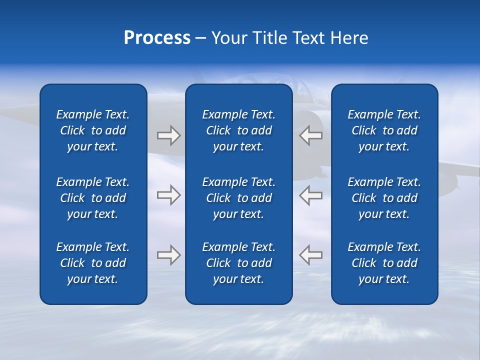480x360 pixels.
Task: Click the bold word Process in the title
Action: point(157,37)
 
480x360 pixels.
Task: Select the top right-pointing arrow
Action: point(168,135)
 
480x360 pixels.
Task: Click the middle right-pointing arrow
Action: point(168,195)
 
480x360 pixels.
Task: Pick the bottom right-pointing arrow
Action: point(168,254)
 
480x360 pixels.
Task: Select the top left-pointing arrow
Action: point(311,135)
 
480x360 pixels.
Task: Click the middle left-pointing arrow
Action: point(311,195)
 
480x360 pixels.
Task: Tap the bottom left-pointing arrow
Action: point(311,254)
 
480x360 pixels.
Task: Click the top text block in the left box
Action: point(93,130)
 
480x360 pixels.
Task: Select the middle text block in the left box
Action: point(93,198)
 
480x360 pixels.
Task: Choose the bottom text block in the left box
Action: point(93,263)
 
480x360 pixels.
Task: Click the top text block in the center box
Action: point(239,130)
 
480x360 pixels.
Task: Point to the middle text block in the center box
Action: point(239,198)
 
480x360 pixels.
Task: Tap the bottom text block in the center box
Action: point(239,263)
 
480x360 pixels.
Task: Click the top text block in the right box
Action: point(384,130)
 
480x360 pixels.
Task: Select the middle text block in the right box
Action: point(384,198)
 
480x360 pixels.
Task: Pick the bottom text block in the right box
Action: point(384,263)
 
